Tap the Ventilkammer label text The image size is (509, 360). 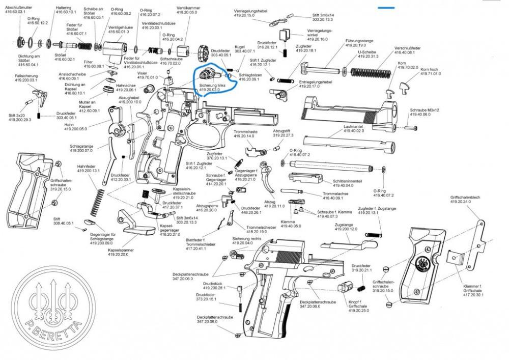[187, 7]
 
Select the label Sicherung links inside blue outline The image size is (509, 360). [212, 85]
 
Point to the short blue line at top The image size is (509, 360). [386, 8]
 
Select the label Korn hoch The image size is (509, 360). [430, 69]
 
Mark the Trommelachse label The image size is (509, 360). [335, 193]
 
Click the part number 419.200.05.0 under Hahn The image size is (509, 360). [76, 129]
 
